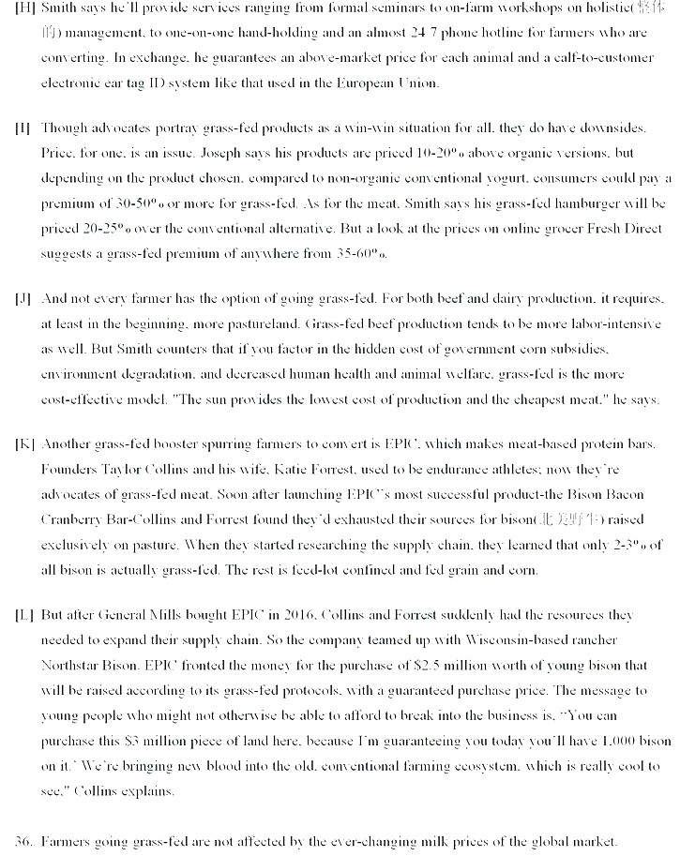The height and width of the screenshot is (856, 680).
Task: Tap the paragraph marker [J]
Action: [x=22, y=299]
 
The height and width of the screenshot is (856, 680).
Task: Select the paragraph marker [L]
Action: [x=23, y=615]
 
